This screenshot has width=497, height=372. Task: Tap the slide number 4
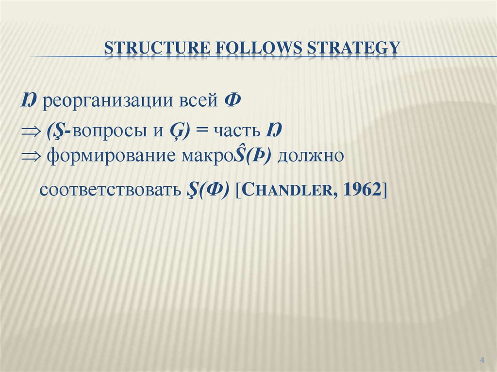[482, 359]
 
